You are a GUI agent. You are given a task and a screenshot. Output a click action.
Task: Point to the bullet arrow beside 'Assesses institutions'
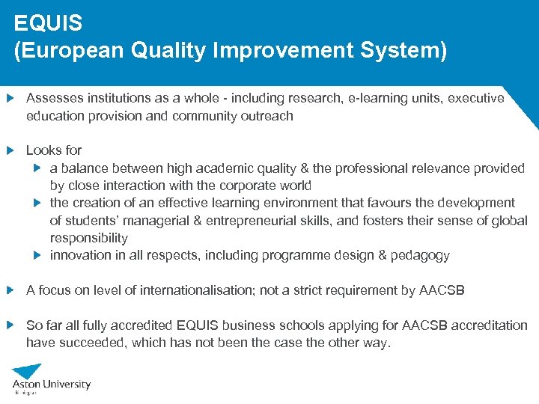coord(10,98)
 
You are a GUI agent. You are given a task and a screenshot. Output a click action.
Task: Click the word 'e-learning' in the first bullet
coord(377,98)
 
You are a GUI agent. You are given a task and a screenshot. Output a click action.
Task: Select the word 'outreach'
coord(267,116)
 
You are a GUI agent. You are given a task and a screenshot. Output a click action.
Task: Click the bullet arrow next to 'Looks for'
coord(10,150)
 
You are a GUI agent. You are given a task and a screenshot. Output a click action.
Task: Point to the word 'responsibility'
coord(89,238)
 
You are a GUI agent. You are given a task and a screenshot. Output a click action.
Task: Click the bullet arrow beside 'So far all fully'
coord(10,325)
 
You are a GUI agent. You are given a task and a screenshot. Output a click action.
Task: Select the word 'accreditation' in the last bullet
coord(490,325)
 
